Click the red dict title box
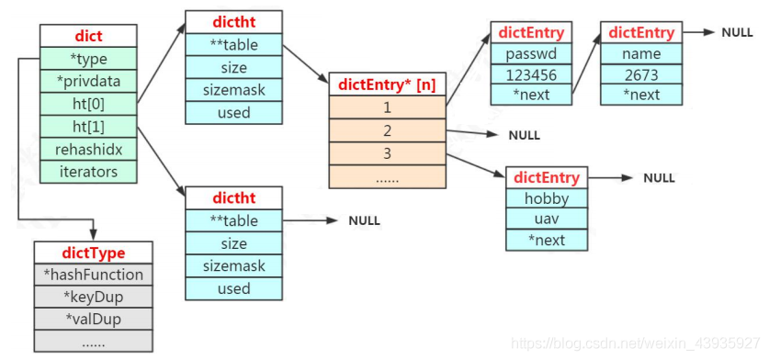click(x=87, y=36)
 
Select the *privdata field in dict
click(x=87, y=81)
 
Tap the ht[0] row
click(x=87, y=103)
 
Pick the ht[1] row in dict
click(x=87, y=126)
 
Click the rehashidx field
click(x=87, y=148)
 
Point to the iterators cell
click(x=87, y=171)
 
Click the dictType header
click(x=93, y=253)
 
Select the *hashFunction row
click(x=93, y=275)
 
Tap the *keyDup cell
click(x=93, y=298)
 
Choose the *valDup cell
click(x=93, y=320)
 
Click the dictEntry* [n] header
click(x=388, y=85)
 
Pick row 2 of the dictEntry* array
click(x=388, y=131)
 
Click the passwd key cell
click(x=531, y=54)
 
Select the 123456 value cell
click(x=531, y=74)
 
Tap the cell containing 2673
click(x=641, y=74)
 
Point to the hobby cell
click(x=547, y=198)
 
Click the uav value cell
click(x=547, y=219)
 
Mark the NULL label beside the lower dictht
click(x=364, y=221)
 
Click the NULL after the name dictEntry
click(x=737, y=32)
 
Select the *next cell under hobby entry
click(x=547, y=241)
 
